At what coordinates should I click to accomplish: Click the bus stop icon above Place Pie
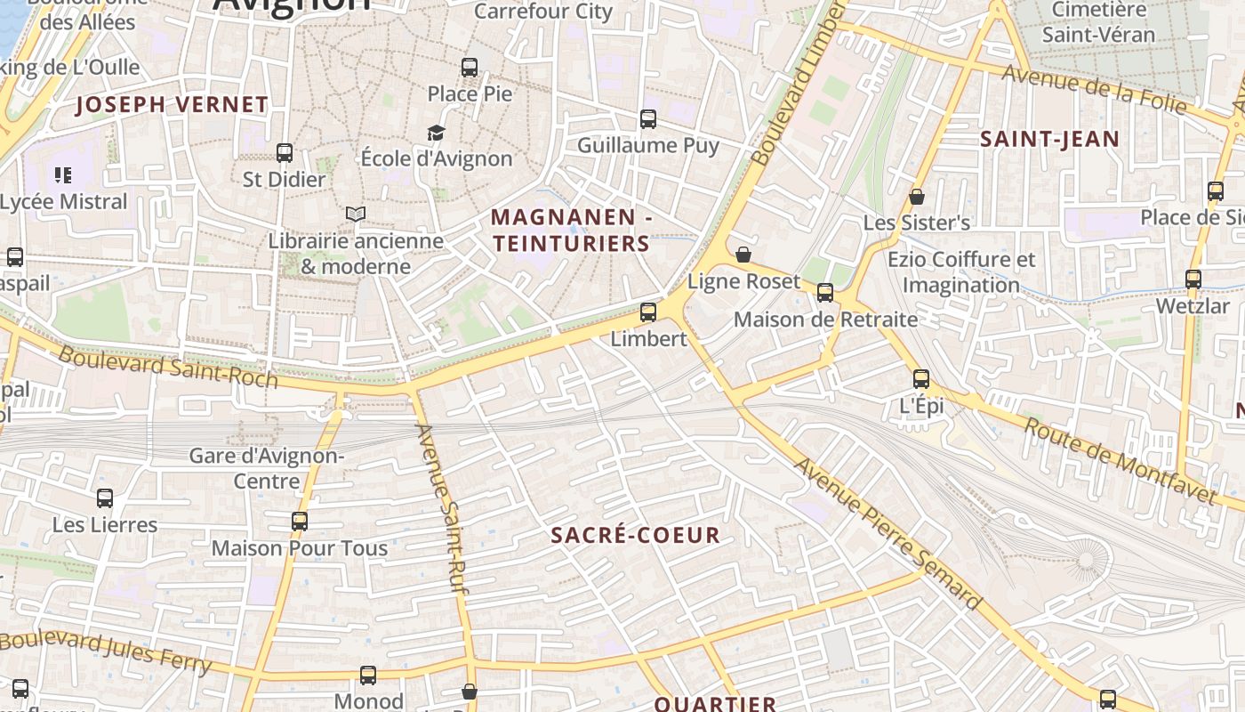pyautogui.click(x=469, y=67)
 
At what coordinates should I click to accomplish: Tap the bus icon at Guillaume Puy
pyautogui.click(x=648, y=118)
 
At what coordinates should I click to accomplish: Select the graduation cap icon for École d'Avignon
pyautogui.click(x=436, y=133)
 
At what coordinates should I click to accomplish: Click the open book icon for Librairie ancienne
pyautogui.click(x=356, y=214)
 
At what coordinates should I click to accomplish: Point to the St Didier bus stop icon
pyautogui.click(x=285, y=152)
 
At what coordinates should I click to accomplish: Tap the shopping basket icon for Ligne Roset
pyautogui.click(x=743, y=255)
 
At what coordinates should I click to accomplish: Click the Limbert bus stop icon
pyautogui.click(x=648, y=311)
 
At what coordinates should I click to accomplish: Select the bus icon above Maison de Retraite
pyautogui.click(x=825, y=292)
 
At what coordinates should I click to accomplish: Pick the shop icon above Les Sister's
pyautogui.click(x=917, y=197)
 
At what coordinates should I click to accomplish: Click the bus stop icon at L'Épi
pyautogui.click(x=921, y=378)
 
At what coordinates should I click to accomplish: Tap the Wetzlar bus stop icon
pyautogui.click(x=1193, y=279)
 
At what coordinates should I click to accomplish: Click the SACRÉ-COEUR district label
pyautogui.click(x=635, y=535)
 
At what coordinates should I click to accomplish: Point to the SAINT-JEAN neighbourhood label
pyautogui.click(x=1049, y=139)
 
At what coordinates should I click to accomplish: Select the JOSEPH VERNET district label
pyautogui.click(x=172, y=104)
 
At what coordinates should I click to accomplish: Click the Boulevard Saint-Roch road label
pyautogui.click(x=168, y=367)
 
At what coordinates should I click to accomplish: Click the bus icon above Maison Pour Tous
pyautogui.click(x=300, y=521)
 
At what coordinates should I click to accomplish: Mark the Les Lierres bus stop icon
pyautogui.click(x=105, y=498)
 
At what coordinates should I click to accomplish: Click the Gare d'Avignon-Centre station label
pyautogui.click(x=267, y=468)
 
